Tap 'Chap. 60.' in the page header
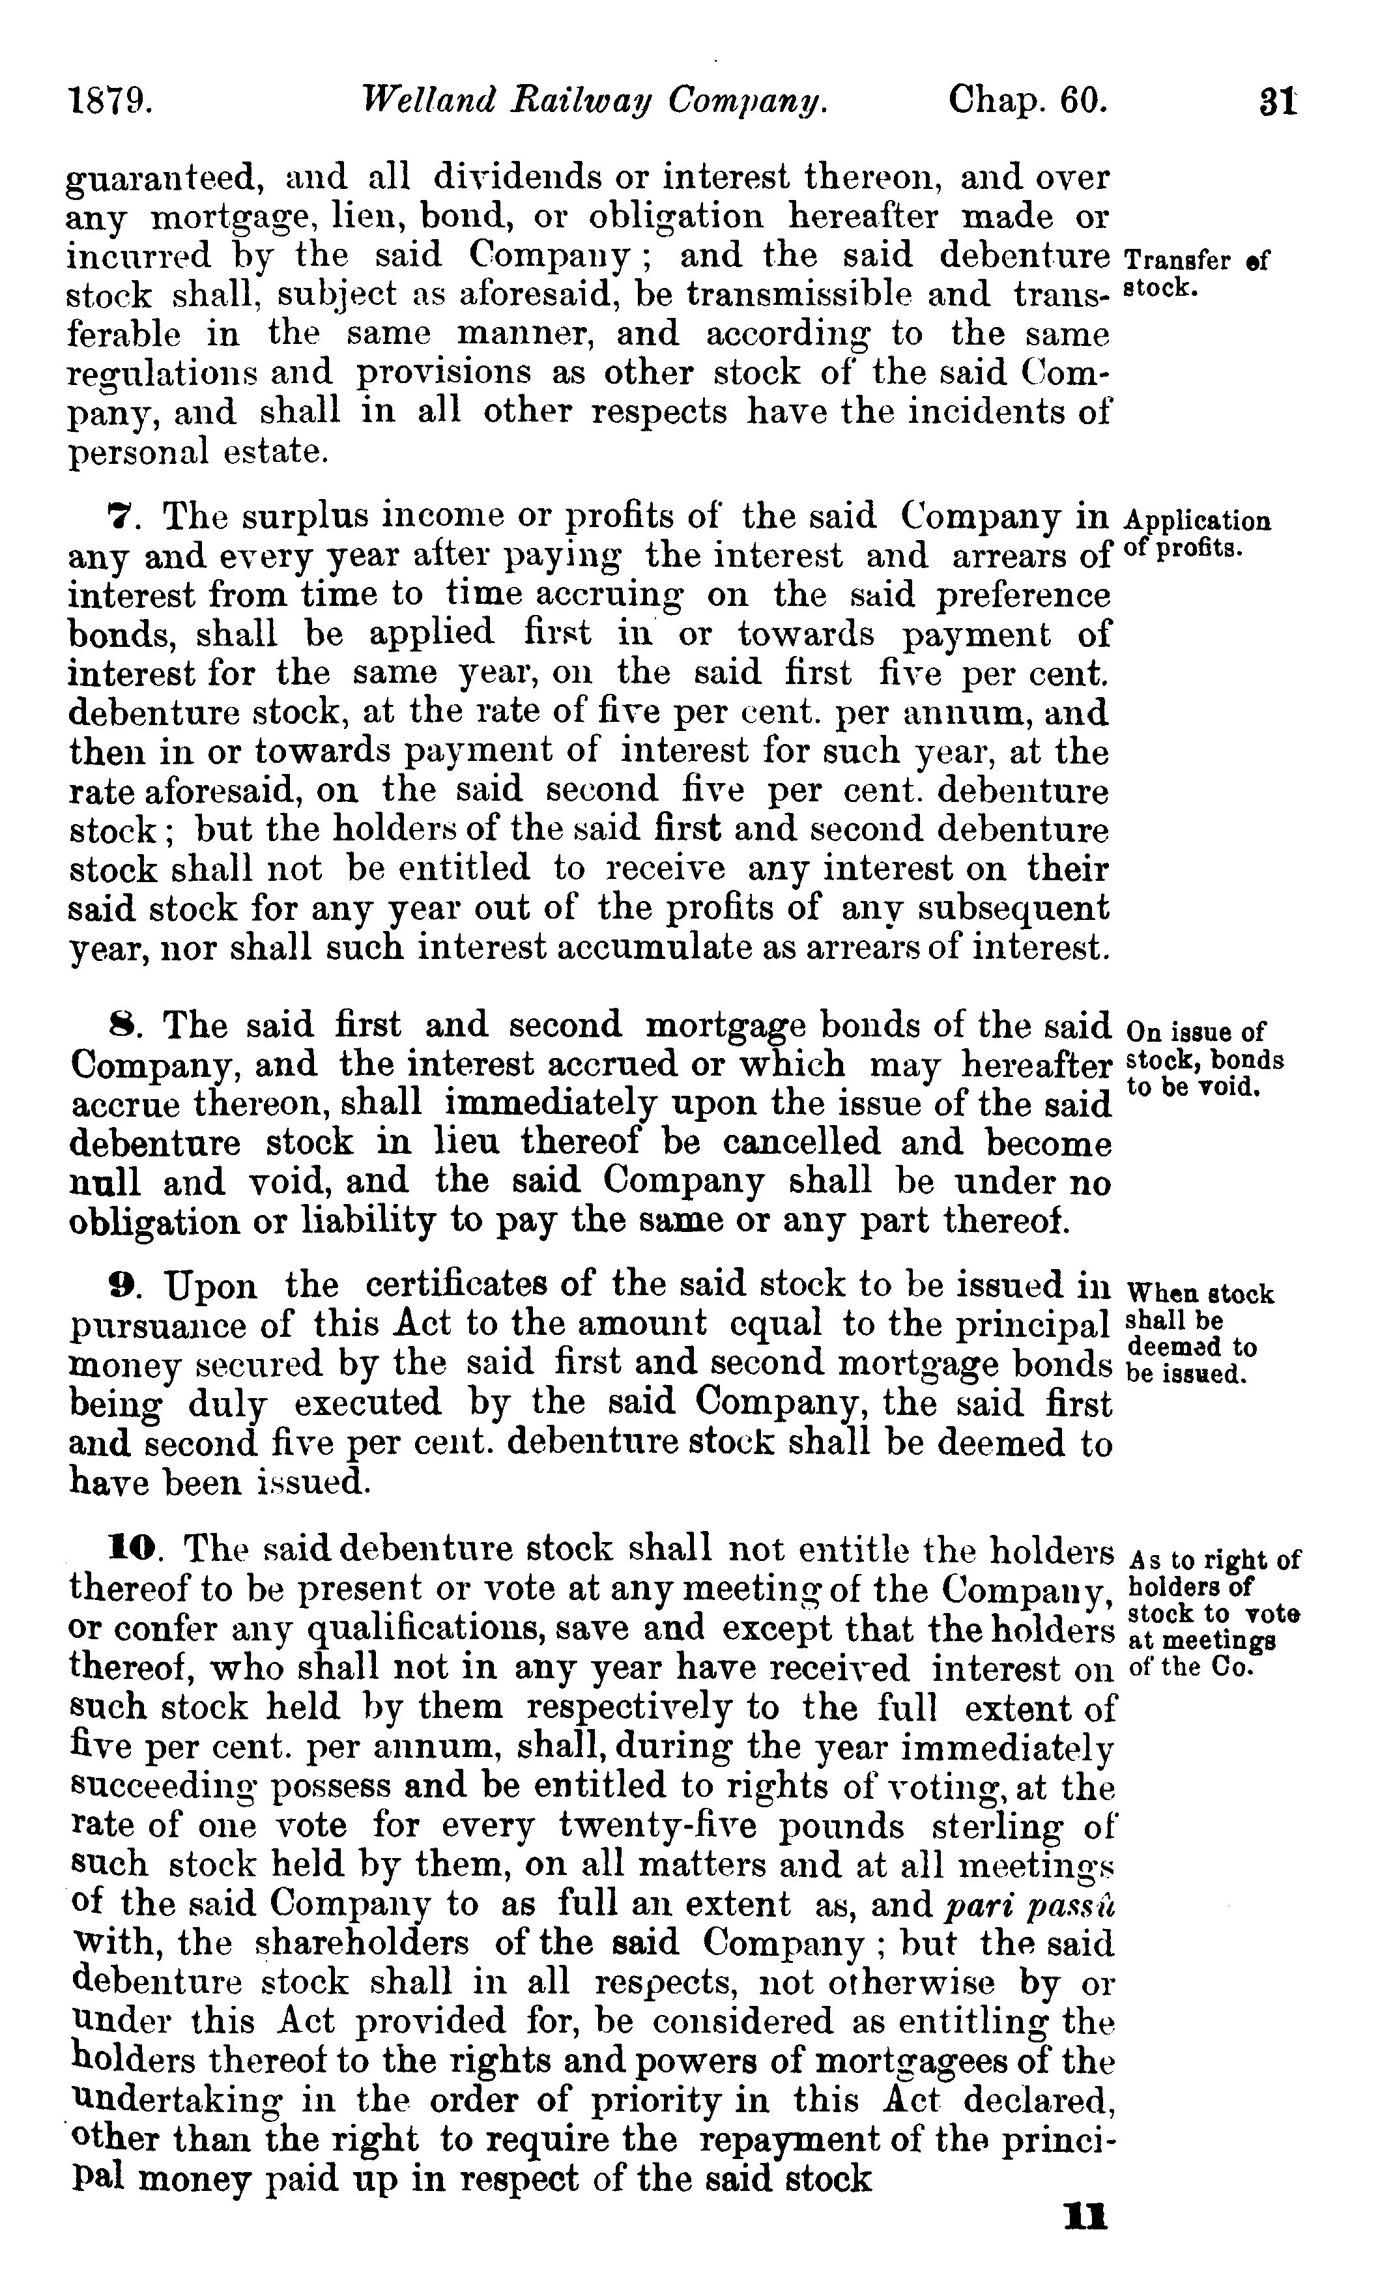tap(1027, 100)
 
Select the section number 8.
tap(122, 1027)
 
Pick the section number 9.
tap(122, 1285)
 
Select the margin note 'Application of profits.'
tap(1198, 534)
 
